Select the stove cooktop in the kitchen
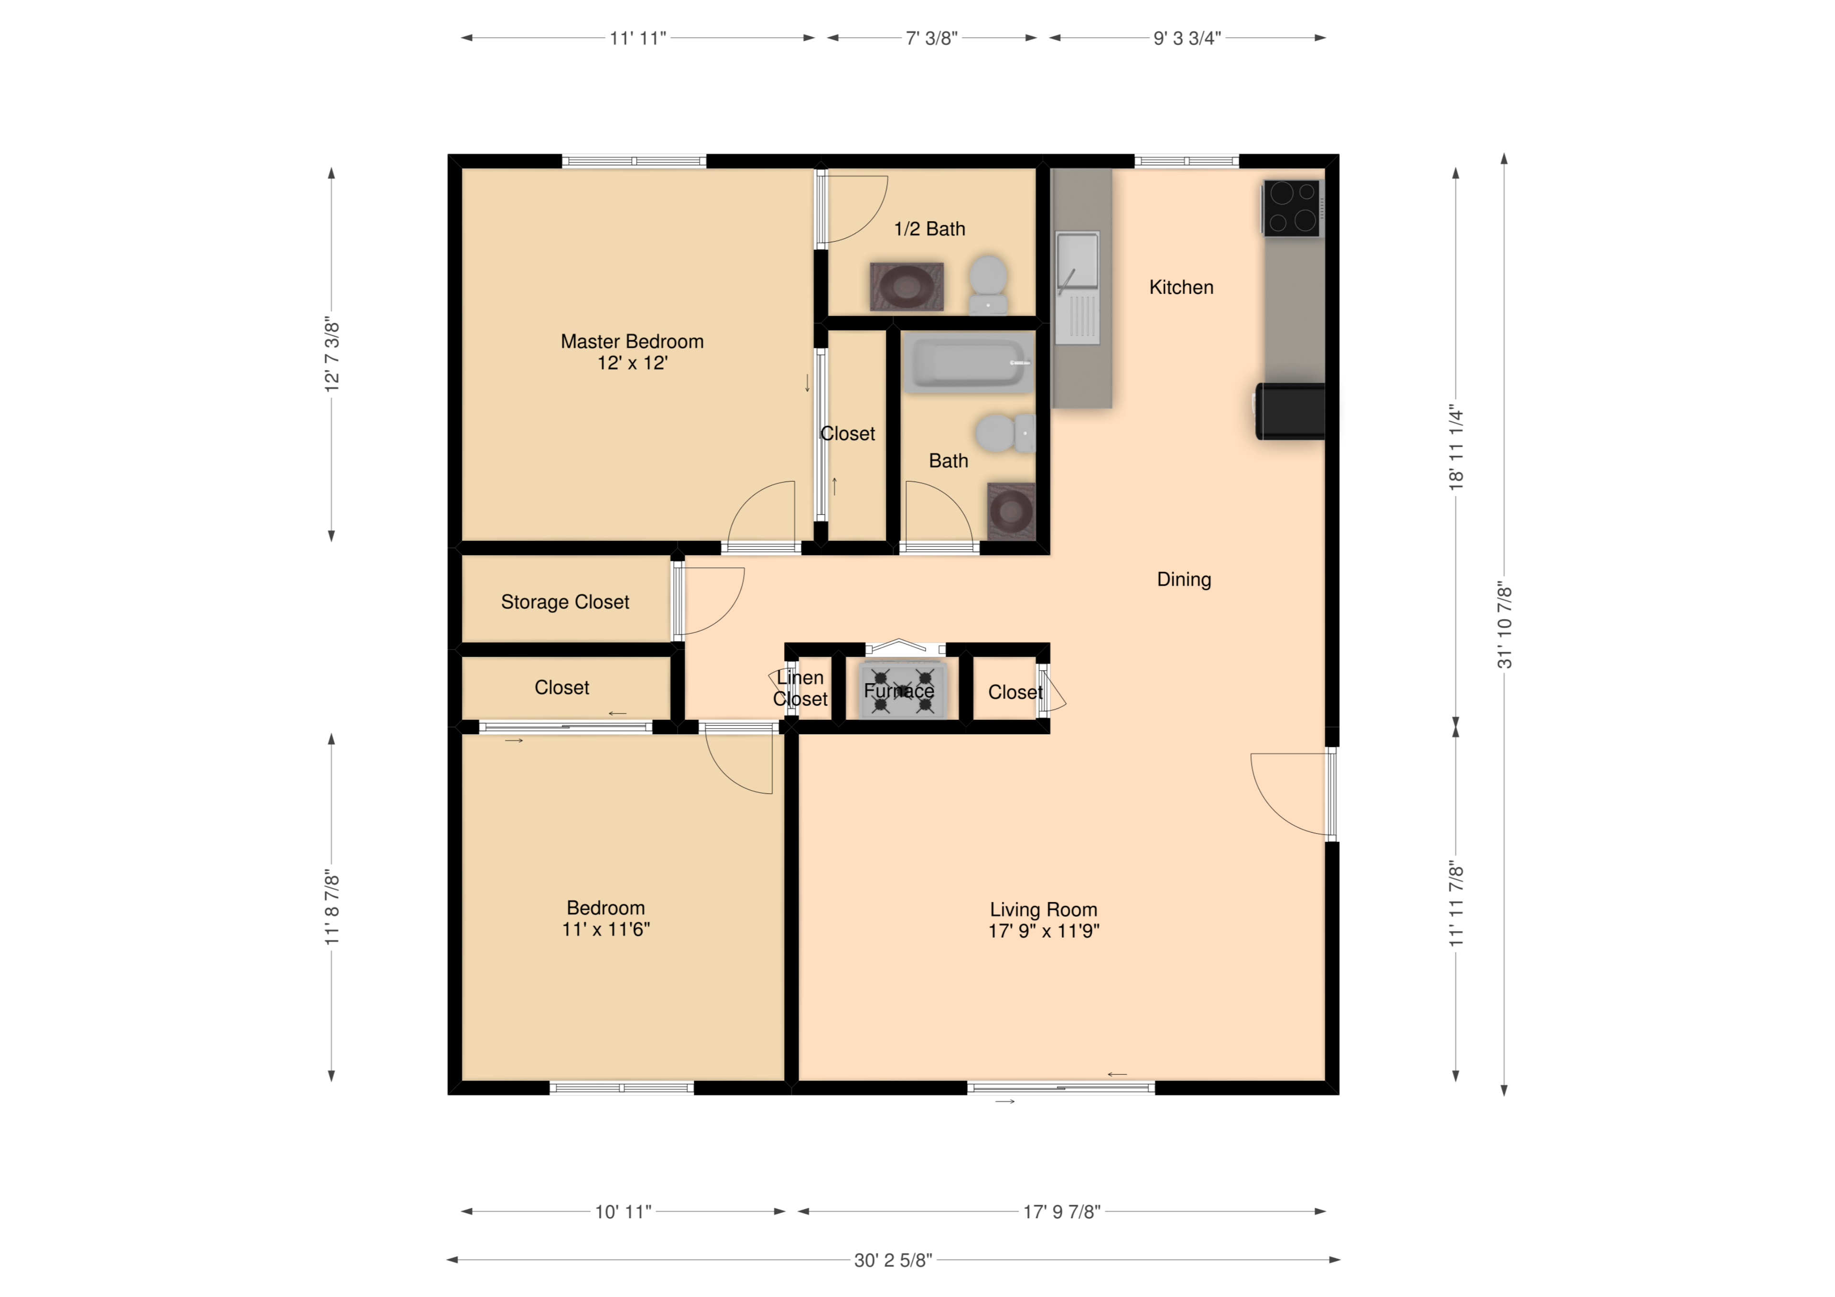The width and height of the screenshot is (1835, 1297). [x=1290, y=208]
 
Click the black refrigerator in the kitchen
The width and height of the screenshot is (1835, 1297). [x=1290, y=411]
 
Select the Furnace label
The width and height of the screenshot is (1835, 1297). [x=898, y=690]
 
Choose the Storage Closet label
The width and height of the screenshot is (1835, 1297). [x=565, y=602]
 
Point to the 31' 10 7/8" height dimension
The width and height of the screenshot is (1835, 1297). [x=1503, y=624]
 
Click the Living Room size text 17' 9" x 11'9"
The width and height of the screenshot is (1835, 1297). [x=1044, y=931]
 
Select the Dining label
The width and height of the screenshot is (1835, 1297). [x=1184, y=579]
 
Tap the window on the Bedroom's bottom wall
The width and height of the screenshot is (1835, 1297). [x=622, y=1088]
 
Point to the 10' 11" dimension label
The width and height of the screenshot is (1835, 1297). [x=624, y=1211]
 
